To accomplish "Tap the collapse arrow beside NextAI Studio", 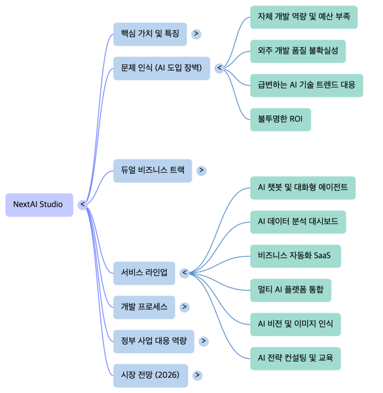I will pyautogui.click(x=83, y=205).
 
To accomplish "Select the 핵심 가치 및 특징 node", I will pyautogui.click(x=150, y=34).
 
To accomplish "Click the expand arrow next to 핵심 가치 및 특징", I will pyautogui.click(x=196, y=34).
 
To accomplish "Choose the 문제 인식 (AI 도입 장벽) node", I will pyautogui.click(x=162, y=68).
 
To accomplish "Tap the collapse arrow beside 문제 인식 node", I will pyautogui.click(x=219, y=68).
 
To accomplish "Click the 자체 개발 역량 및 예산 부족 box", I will pyautogui.click(x=304, y=17).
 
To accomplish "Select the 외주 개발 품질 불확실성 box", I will pyautogui.click(x=298, y=51).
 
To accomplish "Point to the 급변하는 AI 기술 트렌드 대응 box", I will pyautogui.click(x=306, y=85).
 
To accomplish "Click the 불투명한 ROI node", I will pyautogui.click(x=280, y=119).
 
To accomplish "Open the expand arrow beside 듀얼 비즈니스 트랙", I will pyautogui.click(x=201, y=170).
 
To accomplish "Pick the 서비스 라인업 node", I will pyautogui.click(x=144, y=273).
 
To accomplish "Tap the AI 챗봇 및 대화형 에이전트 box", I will pyautogui.click(x=302, y=188).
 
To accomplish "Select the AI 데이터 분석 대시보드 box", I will pyautogui.click(x=298, y=222).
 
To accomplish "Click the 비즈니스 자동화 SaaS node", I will pyautogui.click(x=295, y=256).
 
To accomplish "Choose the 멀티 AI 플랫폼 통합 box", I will pyautogui.click(x=291, y=290).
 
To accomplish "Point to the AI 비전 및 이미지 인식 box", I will pyautogui.click(x=295, y=324).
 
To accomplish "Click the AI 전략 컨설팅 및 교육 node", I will pyautogui.click(x=295, y=358).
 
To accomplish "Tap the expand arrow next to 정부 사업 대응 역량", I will pyautogui.click(x=203, y=341).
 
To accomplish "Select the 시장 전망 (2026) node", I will pyautogui.click(x=150, y=375).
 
